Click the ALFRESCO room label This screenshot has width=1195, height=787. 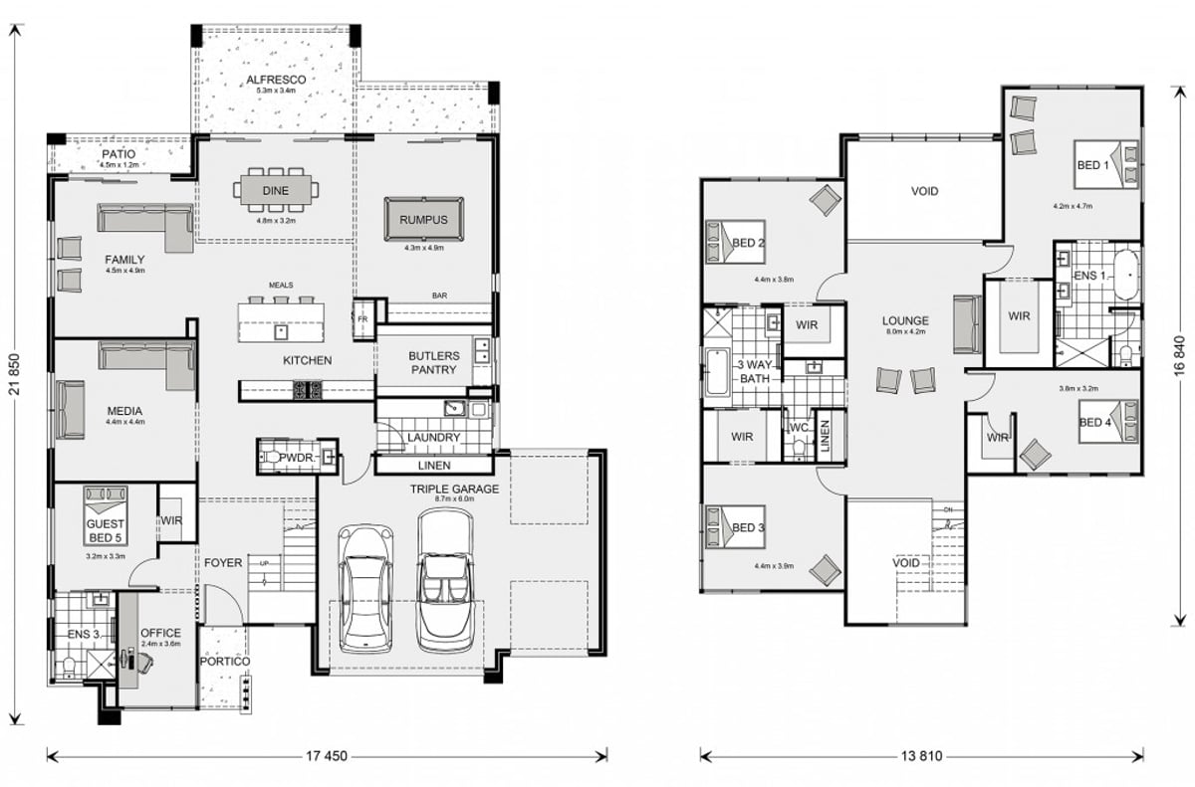pyautogui.click(x=277, y=79)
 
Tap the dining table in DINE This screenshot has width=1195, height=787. pyautogui.click(x=277, y=188)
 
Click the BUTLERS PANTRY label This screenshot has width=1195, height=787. pyautogui.click(x=432, y=362)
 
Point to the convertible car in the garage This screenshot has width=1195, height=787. pyautogui.click(x=444, y=581)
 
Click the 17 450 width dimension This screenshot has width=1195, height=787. pyautogui.click(x=327, y=756)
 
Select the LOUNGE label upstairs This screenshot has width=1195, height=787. pyautogui.click(x=905, y=321)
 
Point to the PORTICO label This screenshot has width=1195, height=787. pyautogui.click(x=223, y=662)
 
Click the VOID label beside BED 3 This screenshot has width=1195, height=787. pyautogui.click(x=905, y=562)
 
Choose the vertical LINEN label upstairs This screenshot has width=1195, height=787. pyautogui.click(x=825, y=436)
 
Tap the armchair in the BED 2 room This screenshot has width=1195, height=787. pyautogui.click(x=826, y=201)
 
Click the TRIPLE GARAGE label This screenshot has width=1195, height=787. pyautogui.click(x=453, y=489)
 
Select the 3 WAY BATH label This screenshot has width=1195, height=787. pyautogui.click(x=753, y=371)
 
